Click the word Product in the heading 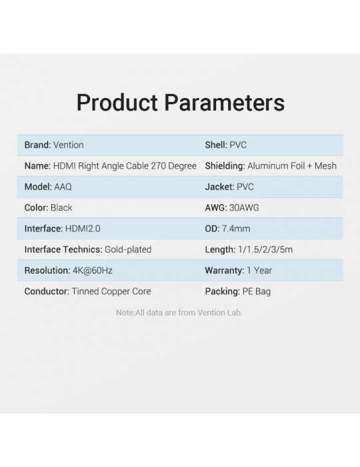[x=117, y=103]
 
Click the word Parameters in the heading [x=224, y=103]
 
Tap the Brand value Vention [x=69, y=145]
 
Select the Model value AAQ [x=63, y=187]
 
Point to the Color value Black [x=61, y=207]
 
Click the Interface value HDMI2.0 [x=83, y=229]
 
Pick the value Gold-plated [x=128, y=250]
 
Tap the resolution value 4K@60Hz [x=93, y=270]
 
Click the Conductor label [x=47, y=292]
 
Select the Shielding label [x=225, y=166]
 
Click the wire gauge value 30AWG [x=244, y=207]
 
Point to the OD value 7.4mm [x=236, y=229]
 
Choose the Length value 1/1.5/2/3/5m [x=265, y=250]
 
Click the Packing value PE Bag [x=257, y=292]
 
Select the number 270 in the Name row [x=158, y=166]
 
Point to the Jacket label [x=219, y=187]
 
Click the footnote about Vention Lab [x=179, y=313]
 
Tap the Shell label [x=216, y=145]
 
